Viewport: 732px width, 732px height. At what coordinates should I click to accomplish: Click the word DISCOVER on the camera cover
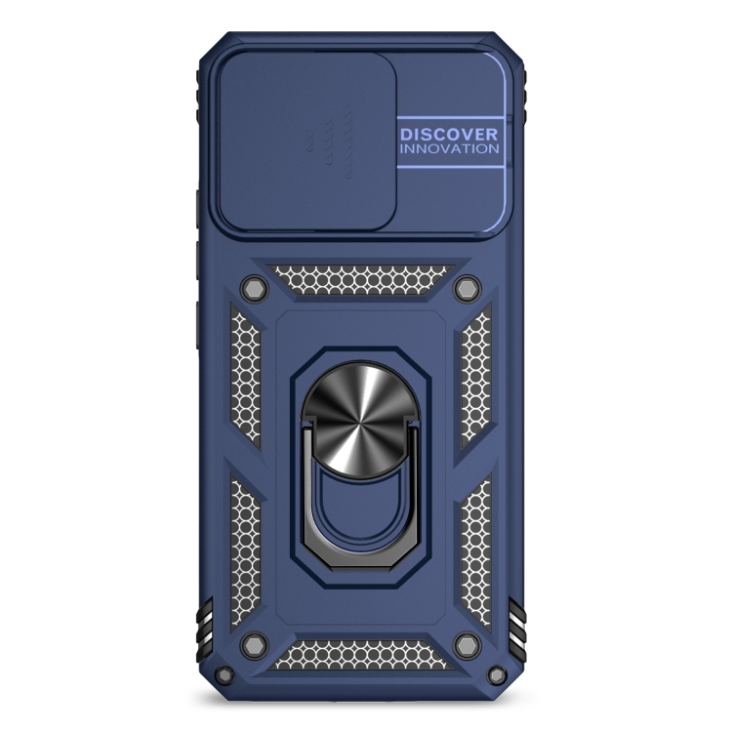point(449,135)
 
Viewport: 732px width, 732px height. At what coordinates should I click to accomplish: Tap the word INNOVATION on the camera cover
point(449,149)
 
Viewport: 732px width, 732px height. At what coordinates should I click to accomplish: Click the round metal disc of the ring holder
point(360,420)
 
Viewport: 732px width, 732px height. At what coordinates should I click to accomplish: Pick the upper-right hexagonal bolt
point(468,288)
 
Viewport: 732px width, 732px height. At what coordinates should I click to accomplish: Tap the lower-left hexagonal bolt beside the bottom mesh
point(255,645)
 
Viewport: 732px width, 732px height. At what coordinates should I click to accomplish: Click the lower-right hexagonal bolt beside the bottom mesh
point(468,645)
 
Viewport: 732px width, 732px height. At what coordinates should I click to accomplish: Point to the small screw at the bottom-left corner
point(226,674)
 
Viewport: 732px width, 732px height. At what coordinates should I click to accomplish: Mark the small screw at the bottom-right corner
point(497,674)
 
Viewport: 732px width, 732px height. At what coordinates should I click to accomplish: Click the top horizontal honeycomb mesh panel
point(360,280)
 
